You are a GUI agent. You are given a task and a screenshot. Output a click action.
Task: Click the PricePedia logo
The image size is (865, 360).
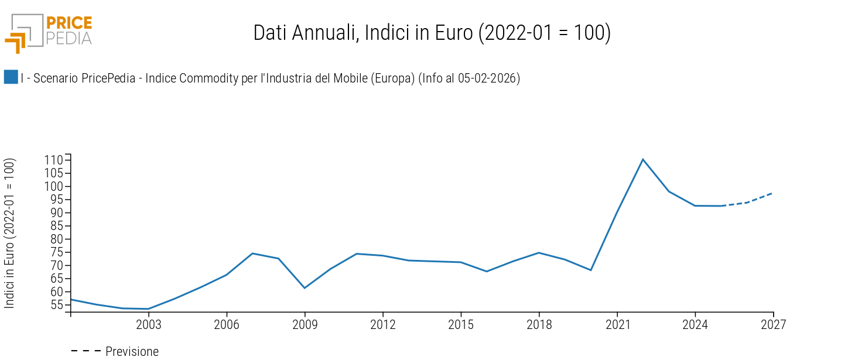click(49, 32)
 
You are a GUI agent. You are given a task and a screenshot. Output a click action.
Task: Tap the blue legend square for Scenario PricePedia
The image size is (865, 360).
click(11, 77)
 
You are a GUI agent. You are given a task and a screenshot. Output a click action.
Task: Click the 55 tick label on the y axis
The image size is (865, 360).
click(56, 305)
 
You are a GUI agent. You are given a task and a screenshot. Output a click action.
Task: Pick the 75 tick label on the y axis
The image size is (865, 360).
click(56, 252)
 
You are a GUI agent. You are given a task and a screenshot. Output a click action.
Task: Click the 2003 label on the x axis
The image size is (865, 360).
click(148, 325)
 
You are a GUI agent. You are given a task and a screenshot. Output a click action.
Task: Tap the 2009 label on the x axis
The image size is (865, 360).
click(305, 325)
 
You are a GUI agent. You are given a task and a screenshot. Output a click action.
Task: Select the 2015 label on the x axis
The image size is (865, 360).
click(460, 325)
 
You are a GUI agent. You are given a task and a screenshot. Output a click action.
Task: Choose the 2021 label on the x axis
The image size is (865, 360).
click(617, 325)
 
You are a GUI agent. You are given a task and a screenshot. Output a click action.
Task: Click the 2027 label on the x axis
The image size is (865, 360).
click(773, 325)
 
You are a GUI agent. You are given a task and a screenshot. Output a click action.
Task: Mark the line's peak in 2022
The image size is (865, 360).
click(643, 159)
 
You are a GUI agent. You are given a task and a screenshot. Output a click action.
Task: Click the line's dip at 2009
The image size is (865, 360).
click(305, 288)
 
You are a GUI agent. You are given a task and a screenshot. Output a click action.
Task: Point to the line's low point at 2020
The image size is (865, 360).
click(591, 270)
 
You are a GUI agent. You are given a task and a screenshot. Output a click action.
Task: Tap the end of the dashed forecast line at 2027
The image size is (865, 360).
click(772, 193)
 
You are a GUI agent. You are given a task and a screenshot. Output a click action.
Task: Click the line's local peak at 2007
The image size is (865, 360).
click(252, 253)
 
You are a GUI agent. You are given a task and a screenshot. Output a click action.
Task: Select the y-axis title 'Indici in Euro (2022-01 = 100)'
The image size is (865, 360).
click(9, 233)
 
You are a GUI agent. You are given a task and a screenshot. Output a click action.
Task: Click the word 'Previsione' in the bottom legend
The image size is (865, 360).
click(132, 351)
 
